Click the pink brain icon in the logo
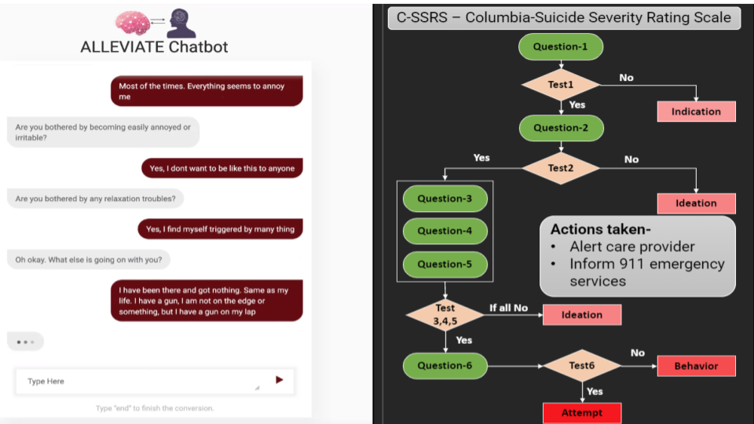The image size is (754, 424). (132, 23)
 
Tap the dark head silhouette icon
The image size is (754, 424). (181, 23)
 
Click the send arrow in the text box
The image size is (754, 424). (280, 380)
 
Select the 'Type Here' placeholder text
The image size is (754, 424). (46, 382)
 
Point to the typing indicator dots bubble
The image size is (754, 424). (25, 342)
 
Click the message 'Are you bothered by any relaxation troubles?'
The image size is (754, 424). (95, 199)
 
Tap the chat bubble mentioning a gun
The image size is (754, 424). (207, 301)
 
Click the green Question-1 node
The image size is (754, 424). (561, 46)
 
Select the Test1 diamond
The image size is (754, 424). (561, 85)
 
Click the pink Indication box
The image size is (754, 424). (697, 111)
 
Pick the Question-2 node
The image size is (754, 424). (561, 128)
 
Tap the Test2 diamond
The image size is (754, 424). (561, 168)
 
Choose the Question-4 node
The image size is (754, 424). (445, 231)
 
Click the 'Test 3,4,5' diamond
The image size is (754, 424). (445, 314)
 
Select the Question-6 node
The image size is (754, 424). (445, 366)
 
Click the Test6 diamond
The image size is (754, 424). (582, 366)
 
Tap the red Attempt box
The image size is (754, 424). (582, 413)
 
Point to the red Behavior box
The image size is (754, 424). (697, 366)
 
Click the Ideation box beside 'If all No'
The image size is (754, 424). (582, 315)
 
